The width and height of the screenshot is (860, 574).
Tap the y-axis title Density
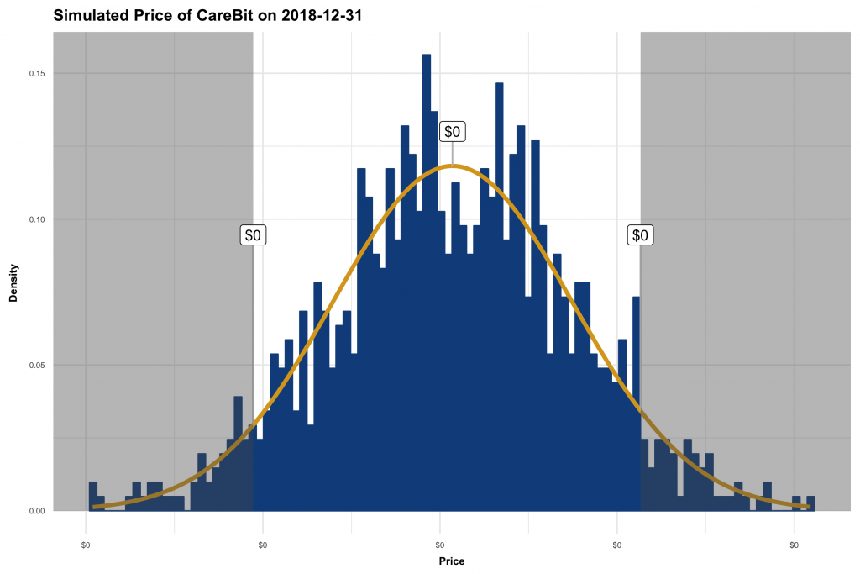[x=13, y=284]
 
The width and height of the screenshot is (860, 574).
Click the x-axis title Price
[x=452, y=561]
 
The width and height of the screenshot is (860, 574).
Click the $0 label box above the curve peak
[x=453, y=132]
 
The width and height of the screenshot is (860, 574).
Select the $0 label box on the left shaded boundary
[x=253, y=235]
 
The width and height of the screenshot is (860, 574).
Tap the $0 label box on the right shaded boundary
[x=641, y=235]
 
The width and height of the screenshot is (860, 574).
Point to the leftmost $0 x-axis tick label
[x=86, y=545]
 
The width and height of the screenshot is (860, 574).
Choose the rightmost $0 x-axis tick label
[x=794, y=545]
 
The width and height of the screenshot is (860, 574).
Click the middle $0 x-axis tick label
[x=440, y=545]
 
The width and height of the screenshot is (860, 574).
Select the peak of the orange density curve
[x=453, y=166]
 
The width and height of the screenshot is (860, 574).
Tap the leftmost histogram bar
[x=92, y=496]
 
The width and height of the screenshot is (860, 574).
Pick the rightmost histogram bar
[x=811, y=503]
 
